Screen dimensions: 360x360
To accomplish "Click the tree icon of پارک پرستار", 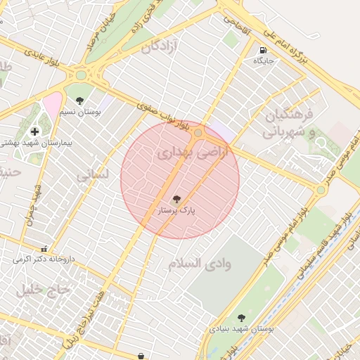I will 176,200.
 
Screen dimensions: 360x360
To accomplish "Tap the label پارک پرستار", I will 176,210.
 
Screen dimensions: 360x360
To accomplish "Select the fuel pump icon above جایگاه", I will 262,51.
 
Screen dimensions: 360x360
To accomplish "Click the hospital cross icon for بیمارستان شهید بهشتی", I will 34,131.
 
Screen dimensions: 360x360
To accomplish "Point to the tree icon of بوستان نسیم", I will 79,101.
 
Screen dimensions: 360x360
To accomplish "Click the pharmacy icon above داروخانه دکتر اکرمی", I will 44,249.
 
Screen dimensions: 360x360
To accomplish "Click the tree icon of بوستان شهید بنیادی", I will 242,318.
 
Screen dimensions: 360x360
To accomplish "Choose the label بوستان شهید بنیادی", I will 242,328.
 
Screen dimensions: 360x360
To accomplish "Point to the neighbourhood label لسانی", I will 92,176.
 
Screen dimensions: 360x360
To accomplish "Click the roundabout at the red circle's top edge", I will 199,132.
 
